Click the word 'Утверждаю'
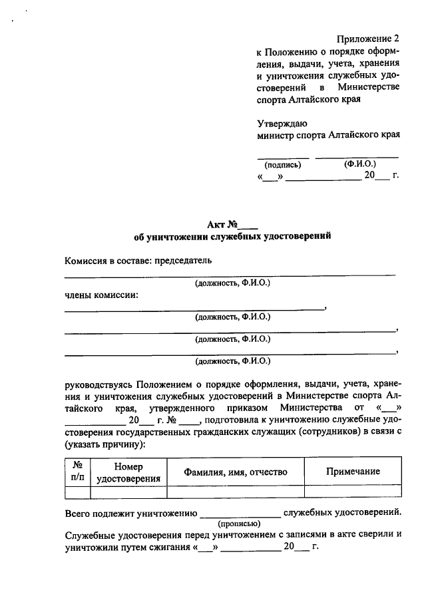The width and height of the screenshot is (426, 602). [x=282, y=123]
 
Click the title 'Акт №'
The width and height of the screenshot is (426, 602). [x=232, y=224]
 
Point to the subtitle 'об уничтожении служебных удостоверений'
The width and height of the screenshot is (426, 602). [x=232, y=236]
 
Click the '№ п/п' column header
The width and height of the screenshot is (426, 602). [x=77, y=472]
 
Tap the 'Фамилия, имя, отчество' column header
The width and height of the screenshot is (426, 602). [x=236, y=472]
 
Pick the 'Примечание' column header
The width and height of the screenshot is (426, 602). [x=353, y=472]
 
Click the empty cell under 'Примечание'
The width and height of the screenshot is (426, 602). [x=353, y=492]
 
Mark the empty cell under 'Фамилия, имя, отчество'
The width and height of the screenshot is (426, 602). [x=236, y=492]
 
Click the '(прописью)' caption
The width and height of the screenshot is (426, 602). [x=239, y=524]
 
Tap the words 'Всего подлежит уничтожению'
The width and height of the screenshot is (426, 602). [x=130, y=513]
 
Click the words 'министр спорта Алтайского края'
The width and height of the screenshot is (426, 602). [x=328, y=135]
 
